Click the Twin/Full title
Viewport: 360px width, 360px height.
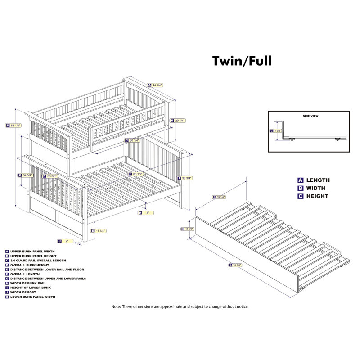tap(242, 61)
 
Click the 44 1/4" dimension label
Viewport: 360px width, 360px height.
tap(156, 85)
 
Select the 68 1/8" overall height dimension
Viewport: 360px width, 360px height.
tap(14, 126)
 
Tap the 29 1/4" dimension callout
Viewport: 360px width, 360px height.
tap(178, 121)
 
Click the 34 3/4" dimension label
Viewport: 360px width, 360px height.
tap(27, 175)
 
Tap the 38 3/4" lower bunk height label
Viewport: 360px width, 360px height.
tap(184, 178)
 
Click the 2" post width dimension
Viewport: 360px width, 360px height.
tap(66, 241)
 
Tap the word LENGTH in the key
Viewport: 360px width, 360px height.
tap(318, 180)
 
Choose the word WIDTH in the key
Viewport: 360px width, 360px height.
tap(316, 188)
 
